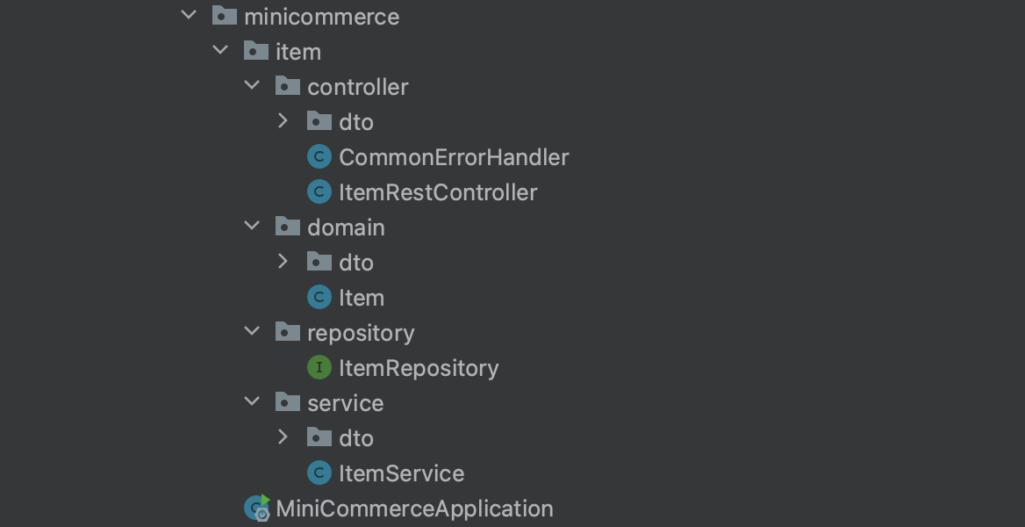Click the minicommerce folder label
(321, 17)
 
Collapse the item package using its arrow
(220, 51)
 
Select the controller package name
(357, 87)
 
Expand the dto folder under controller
(283, 121)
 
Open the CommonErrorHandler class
(454, 157)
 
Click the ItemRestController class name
(438, 192)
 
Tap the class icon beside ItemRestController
(319, 191)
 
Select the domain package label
(346, 227)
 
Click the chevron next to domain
(252, 226)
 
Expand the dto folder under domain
(283, 262)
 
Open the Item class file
(362, 298)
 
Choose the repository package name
(361, 333)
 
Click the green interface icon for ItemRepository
(319, 367)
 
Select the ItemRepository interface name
(419, 368)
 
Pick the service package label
(345, 403)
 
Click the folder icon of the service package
(288, 402)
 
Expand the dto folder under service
(283, 437)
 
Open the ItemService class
(401, 473)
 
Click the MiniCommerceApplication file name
(414, 509)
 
